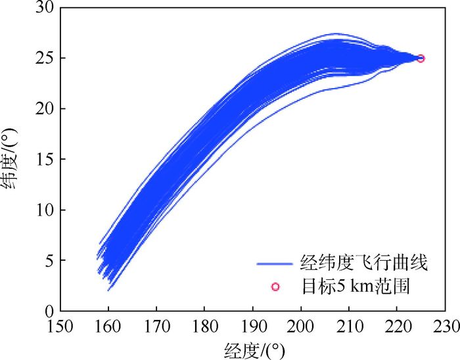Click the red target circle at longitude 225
(x=421, y=58)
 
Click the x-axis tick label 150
(x=60, y=326)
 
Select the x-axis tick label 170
(x=156, y=326)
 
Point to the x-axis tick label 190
(x=252, y=326)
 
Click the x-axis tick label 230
(x=445, y=326)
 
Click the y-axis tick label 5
(x=47, y=260)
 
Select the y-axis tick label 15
(x=43, y=159)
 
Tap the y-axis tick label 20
(x=43, y=108)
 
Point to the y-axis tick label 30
(x=43, y=8)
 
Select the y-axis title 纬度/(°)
(x=13, y=160)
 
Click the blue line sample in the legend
(x=274, y=264)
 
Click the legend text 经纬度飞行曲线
(x=363, y=264)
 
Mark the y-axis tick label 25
(x=43, y=58)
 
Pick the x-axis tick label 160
(x=108, y=326)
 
